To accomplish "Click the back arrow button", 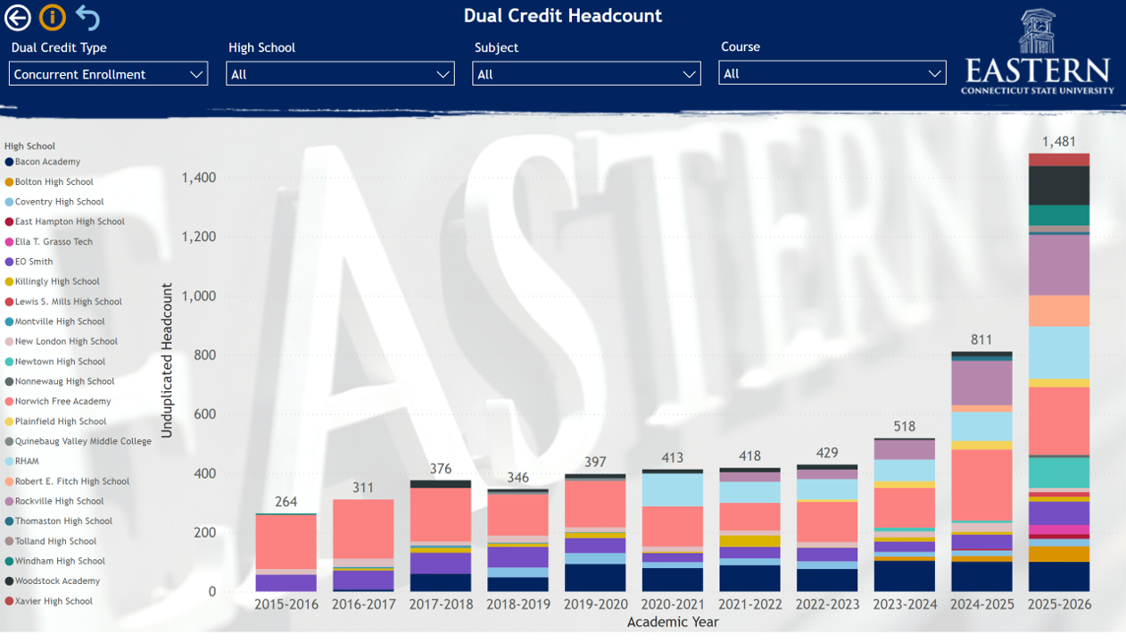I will [x=18, y=17].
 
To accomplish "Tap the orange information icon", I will [x=53, y=17].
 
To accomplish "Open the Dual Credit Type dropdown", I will [x=108, y=74].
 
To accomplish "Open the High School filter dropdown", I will [x=340, y=74].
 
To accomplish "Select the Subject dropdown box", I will [x=586, y=74].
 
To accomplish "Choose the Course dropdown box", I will [x=832, y=74].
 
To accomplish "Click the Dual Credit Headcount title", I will [x=562, y=16].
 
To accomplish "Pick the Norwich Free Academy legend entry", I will [x=62, y=402].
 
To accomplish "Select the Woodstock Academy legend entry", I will [x=57, y=581].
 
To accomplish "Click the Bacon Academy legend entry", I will [x=47, y=162].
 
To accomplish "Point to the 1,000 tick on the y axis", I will [x=198, y=296].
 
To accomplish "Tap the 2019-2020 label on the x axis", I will [x=595, y=605].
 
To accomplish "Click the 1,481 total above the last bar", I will [x=1058, y=142].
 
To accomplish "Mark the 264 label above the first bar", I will [x=286, y=502].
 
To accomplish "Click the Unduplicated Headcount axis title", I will [x=167, y=361].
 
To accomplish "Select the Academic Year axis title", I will [x=673, y=622].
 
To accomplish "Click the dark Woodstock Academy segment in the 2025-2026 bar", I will [x=1058, y=186].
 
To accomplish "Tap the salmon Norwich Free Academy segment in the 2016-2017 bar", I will [x=363, y=529].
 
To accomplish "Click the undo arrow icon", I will [x=87, y=17].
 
